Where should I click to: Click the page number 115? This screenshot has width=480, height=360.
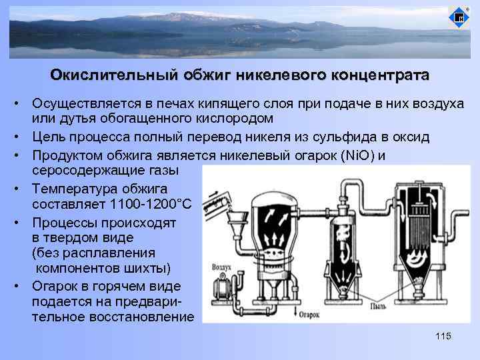443,336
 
